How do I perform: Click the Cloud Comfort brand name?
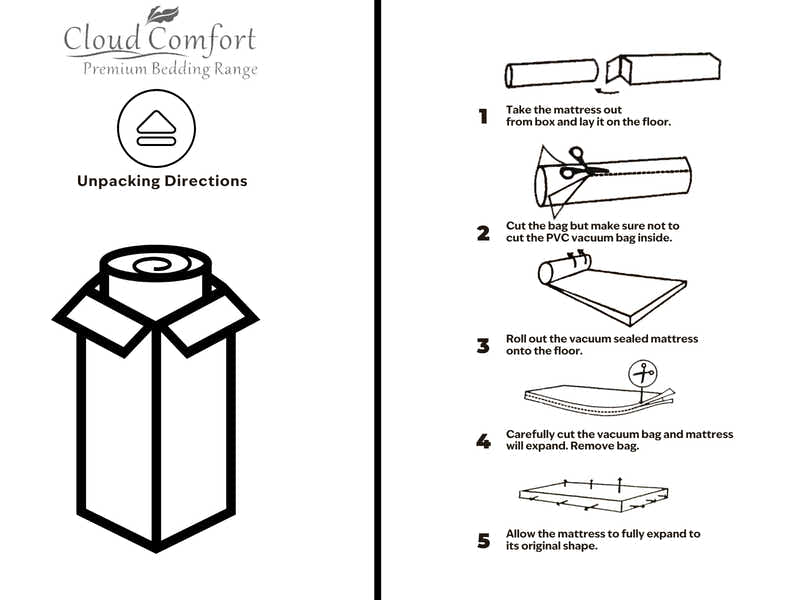tap(160, 41)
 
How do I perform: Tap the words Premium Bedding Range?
tap(170, 69)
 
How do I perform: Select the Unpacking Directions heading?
tap(162, 181)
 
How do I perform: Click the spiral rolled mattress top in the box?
tap(154, 268)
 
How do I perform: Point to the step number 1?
tap(483, 117)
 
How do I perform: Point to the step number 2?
tap(483, 234)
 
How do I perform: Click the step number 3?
tap(483, 346)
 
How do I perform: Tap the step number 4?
tap(483, 441)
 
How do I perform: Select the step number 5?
tap(483, 541)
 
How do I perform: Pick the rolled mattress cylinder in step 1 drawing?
tap(551, 75)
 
